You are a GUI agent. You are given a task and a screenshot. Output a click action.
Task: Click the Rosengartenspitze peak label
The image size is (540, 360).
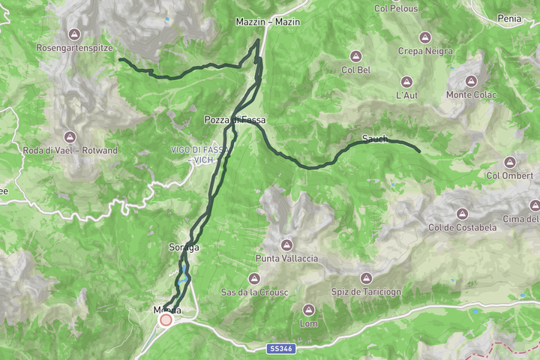(x=74, y=47)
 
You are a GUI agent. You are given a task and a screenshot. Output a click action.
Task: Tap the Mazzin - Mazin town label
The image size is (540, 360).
(x=268, y=22)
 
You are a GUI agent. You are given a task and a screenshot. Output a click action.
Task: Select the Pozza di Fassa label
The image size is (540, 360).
(x=235, y=120)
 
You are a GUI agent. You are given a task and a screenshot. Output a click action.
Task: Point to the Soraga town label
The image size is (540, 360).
(x=184, y=247)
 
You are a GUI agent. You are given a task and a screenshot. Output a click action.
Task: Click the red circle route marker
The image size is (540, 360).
(x=166, y=320)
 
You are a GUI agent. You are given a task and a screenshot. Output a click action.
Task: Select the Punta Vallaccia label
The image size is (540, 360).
(x=286, y=259)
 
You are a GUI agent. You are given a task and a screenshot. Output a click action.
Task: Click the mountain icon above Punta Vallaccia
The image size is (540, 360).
(x=286, y=244)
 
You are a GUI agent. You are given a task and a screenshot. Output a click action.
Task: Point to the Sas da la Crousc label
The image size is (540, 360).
(x=248, y=292)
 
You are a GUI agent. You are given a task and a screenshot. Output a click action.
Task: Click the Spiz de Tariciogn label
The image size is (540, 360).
(x=366, y=292)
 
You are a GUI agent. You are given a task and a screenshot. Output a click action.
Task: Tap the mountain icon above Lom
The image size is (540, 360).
(x=308, y=310)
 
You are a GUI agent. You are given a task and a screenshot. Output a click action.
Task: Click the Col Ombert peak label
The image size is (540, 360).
(x=509, y=176)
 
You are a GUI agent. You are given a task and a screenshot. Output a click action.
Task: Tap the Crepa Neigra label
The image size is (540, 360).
(x=425, y=51)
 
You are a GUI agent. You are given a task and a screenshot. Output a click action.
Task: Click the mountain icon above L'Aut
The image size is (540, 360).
(x=406, y=82)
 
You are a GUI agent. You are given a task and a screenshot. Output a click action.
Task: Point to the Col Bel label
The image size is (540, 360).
(x=356, y=70)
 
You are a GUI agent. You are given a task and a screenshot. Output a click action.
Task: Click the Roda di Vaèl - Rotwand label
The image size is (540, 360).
(x=70, y=151)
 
